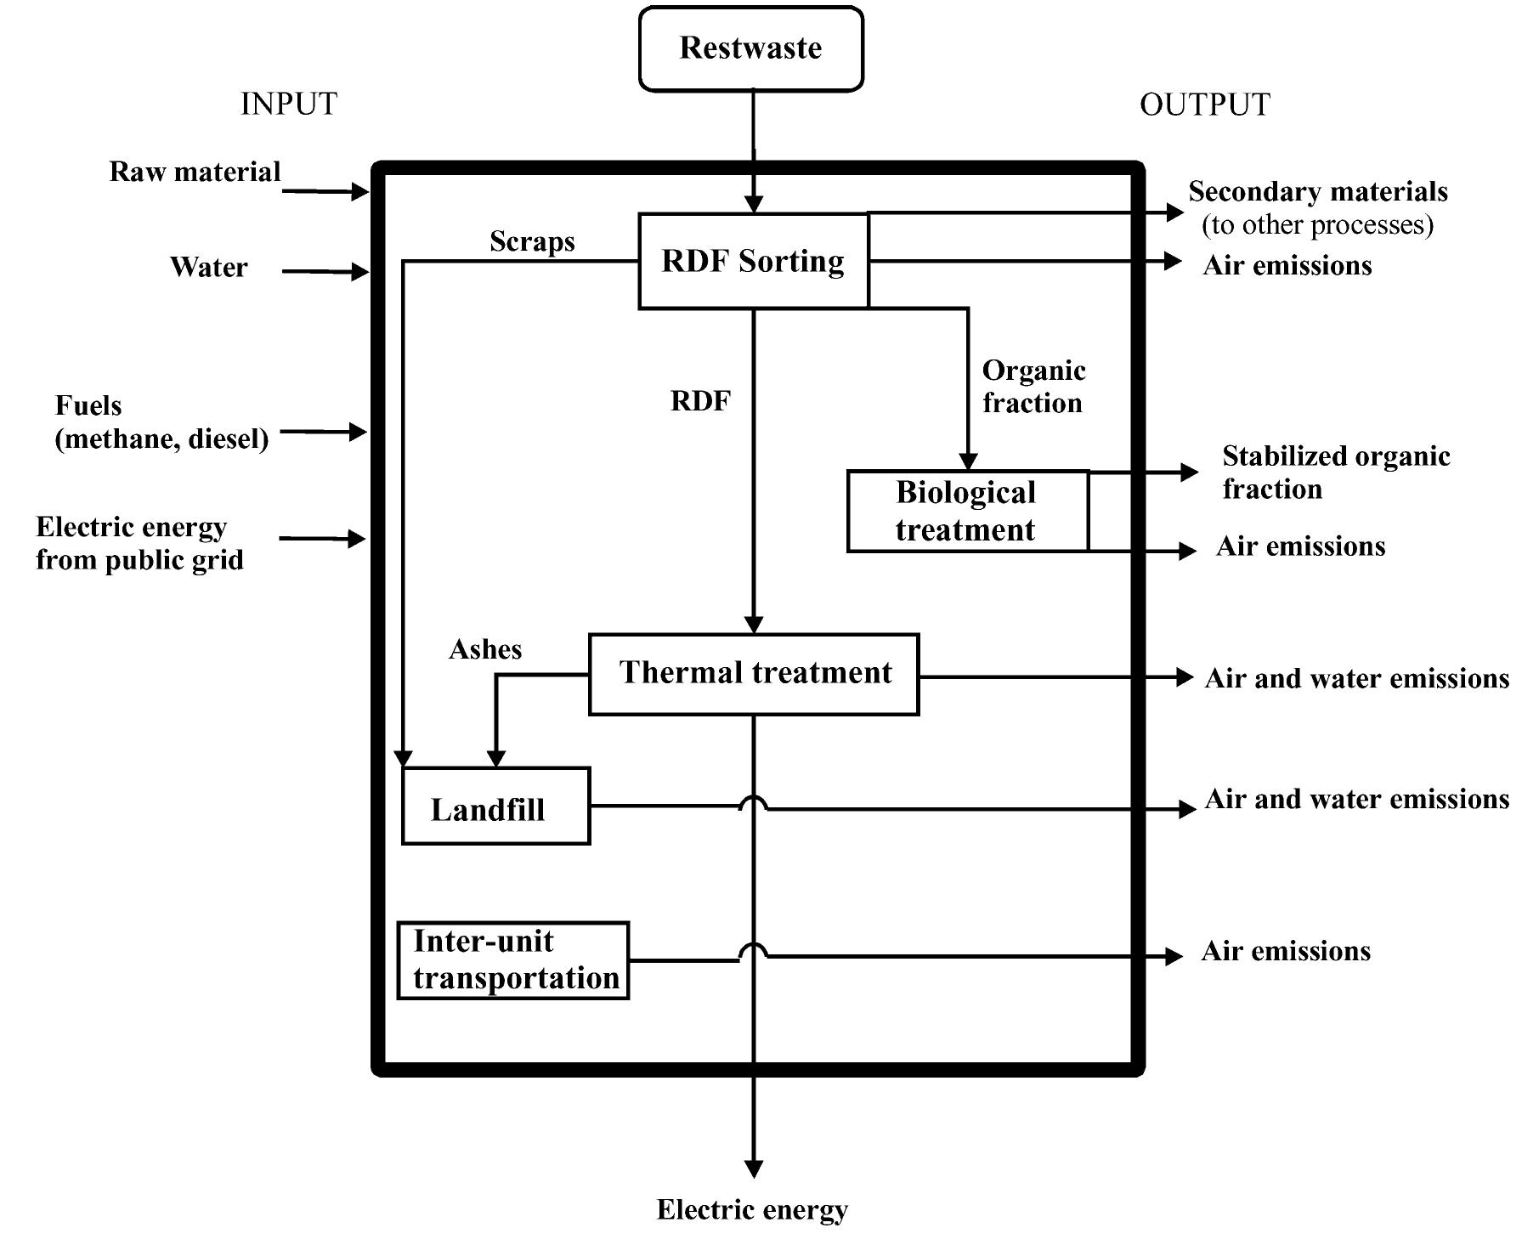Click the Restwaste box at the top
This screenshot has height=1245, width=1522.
tap(750, 48)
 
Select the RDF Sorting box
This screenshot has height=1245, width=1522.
tap(753, 261)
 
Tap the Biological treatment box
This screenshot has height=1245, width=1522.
tap(967, 511)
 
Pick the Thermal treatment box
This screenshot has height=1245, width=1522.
tap(754, 674)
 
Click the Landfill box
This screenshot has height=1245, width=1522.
tap(495, 806)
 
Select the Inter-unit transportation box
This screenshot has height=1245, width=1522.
tap(513, 960)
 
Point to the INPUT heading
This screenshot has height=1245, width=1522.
tap(289, 104)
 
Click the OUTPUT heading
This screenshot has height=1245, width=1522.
tap(1204, 105)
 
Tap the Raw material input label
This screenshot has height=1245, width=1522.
tap(195, 172)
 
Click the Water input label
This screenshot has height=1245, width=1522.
tap(208, 267)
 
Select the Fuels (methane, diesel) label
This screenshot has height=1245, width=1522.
tap(161, 422)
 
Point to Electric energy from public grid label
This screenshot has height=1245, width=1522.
tap(139, 544)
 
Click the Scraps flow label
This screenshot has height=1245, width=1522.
tap(532, 241)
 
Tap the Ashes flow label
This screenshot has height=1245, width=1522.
tap(485, 649)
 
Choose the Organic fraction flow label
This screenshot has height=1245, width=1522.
tap(1033, 387)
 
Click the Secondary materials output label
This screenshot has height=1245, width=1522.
tap(1317, 207)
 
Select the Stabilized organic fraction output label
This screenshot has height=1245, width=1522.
tap(1335, 473)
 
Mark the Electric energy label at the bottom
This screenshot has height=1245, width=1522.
tap(752, 1209)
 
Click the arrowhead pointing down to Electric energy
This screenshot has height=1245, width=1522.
tap(754, 1169)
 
